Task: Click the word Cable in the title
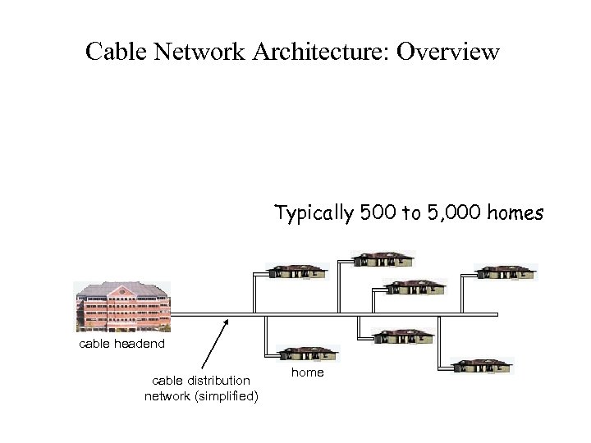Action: tap(114, 52)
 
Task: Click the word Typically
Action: tap(314, 214)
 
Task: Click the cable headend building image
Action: tap(122, 308)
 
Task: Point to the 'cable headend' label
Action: tap(121, 344)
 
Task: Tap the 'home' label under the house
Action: tap(308, 373)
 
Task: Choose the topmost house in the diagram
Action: tap(384, 258)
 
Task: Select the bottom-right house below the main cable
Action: tap(483, 366)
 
